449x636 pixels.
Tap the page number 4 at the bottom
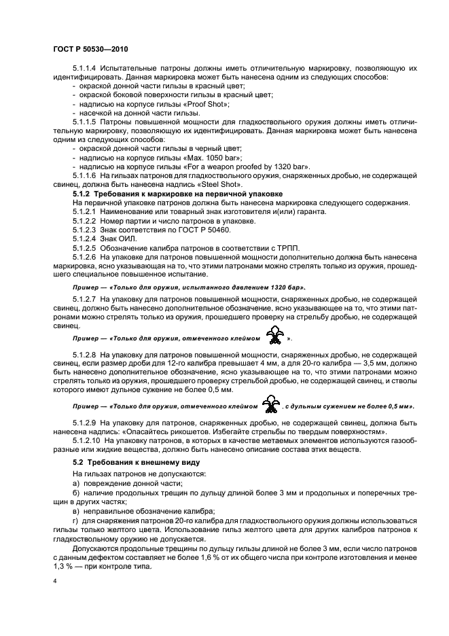coord(54,582)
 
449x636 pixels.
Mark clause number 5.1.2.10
coord(87,440)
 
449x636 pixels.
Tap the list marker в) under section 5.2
coord(76,509)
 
